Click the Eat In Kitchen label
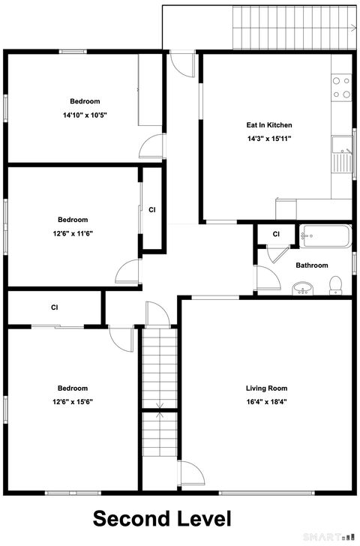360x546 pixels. (x=269, y=125)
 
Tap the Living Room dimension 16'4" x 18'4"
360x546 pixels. (x=266, y=401)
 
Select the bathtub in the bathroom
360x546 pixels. (x=325, y=236)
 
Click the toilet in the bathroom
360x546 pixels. (x=336, y=284)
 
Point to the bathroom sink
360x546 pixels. (x=303, y=287)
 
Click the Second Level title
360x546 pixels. (x=161, y=518)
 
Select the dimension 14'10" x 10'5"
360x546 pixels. (x=85, y=115)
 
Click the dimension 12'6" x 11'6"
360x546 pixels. (x=73, y=233)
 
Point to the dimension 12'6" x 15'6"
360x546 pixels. (x=73, y=401)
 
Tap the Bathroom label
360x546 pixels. (x=311, y=265)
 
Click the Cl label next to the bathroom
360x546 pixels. (x=276, y=235)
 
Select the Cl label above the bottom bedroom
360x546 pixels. (x=55, y=307)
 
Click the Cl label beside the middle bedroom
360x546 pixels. (x=152, y=210)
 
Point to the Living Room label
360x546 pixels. (x=266, y=388)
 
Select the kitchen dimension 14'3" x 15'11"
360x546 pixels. (x=269, y=139)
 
